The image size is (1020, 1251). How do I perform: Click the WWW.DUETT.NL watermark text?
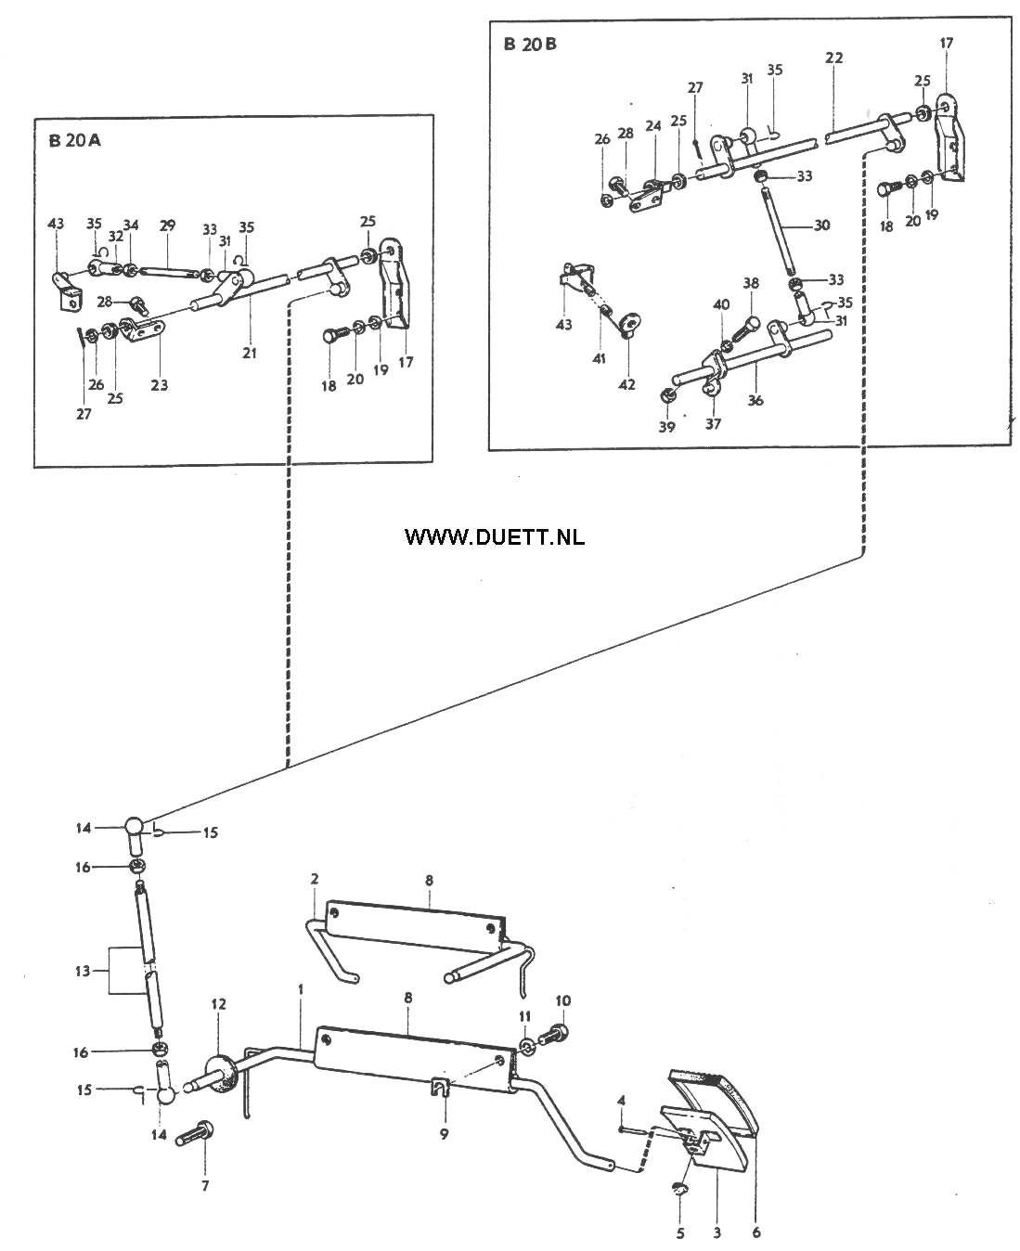pyautogui.click(x=495, y=536)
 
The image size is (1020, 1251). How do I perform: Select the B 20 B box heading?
pyautogui.click(x=531, y=45)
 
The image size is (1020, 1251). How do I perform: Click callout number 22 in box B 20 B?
pyautogui.click(x=833, y=58)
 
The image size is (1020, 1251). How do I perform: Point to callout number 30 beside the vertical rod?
pyautogui.click(x=820, y=226)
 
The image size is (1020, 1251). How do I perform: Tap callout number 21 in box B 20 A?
pyautogui.click(x=250, y=353)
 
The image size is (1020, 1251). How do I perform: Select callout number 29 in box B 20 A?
pyautogui.click(x=167, y=226)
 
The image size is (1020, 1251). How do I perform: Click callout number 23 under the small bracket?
pyautogui.click(x=159, y=384)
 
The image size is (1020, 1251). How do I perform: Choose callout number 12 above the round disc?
pyautogui.click(x=218, y=1004)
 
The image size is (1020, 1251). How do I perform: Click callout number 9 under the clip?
pyautogui.click(x=444, y=1132)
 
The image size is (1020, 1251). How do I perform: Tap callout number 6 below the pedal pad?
pyautogui.click(x=756, y=1232)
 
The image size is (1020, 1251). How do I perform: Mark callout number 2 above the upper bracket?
pyautogui.click(x=315, y=878)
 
